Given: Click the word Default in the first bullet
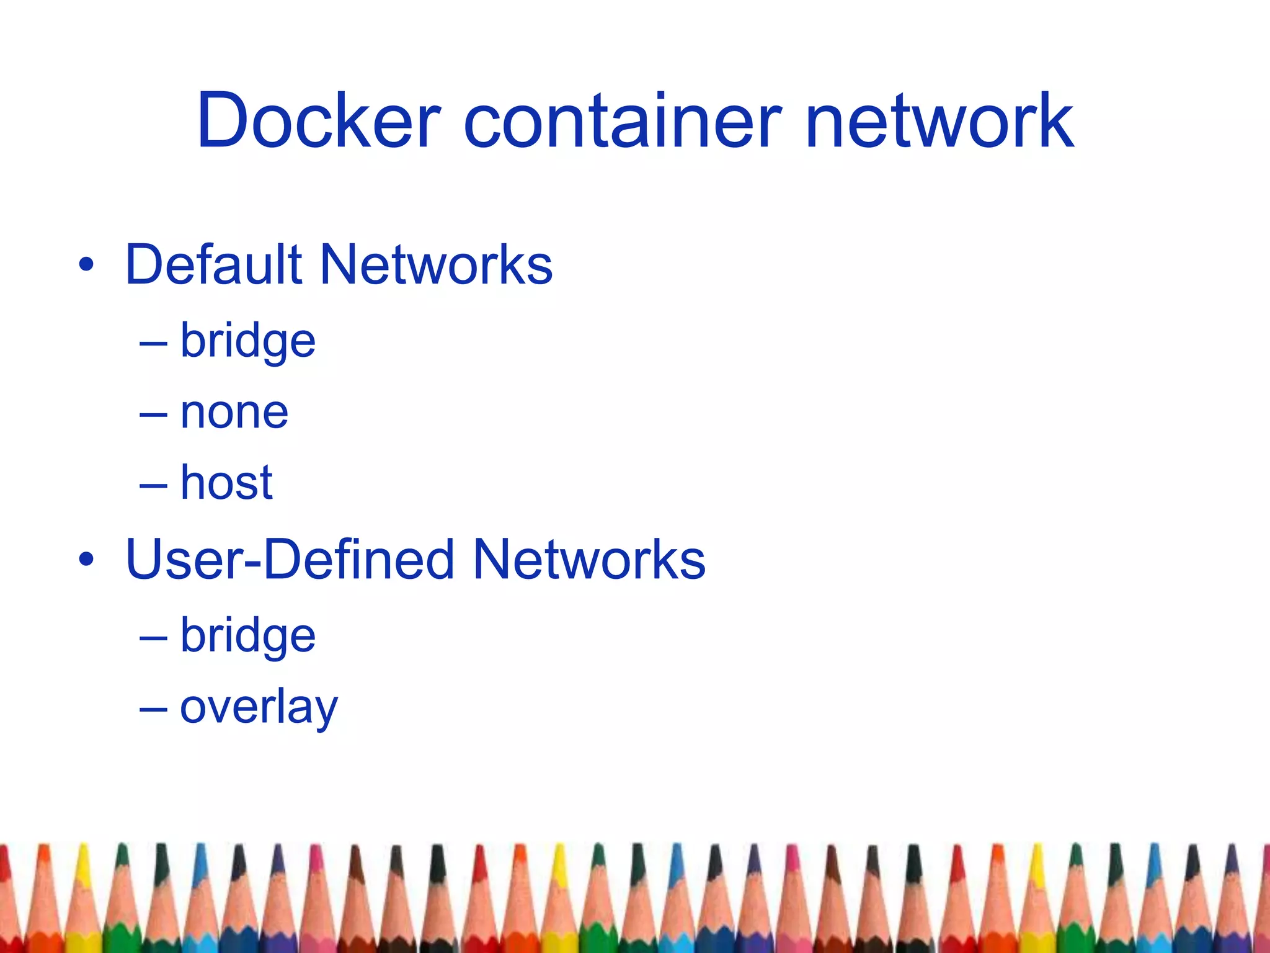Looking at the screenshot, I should tap(213, 265).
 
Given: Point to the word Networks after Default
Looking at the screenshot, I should tap(436, 265).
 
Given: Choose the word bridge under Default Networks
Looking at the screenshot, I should tap(248, 342).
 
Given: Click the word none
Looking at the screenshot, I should tap(234, 413).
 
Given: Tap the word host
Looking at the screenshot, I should tap(226, 483).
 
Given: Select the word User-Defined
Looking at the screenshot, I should tap(290, 560).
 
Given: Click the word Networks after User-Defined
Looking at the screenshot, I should tap(589, 560).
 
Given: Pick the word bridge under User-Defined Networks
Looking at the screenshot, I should tap(248, 637).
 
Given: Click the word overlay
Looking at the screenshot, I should tap(259, 707).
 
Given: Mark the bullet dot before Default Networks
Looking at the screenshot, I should tap(86, 266).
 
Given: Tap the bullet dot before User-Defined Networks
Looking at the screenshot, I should tap(86, 560).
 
